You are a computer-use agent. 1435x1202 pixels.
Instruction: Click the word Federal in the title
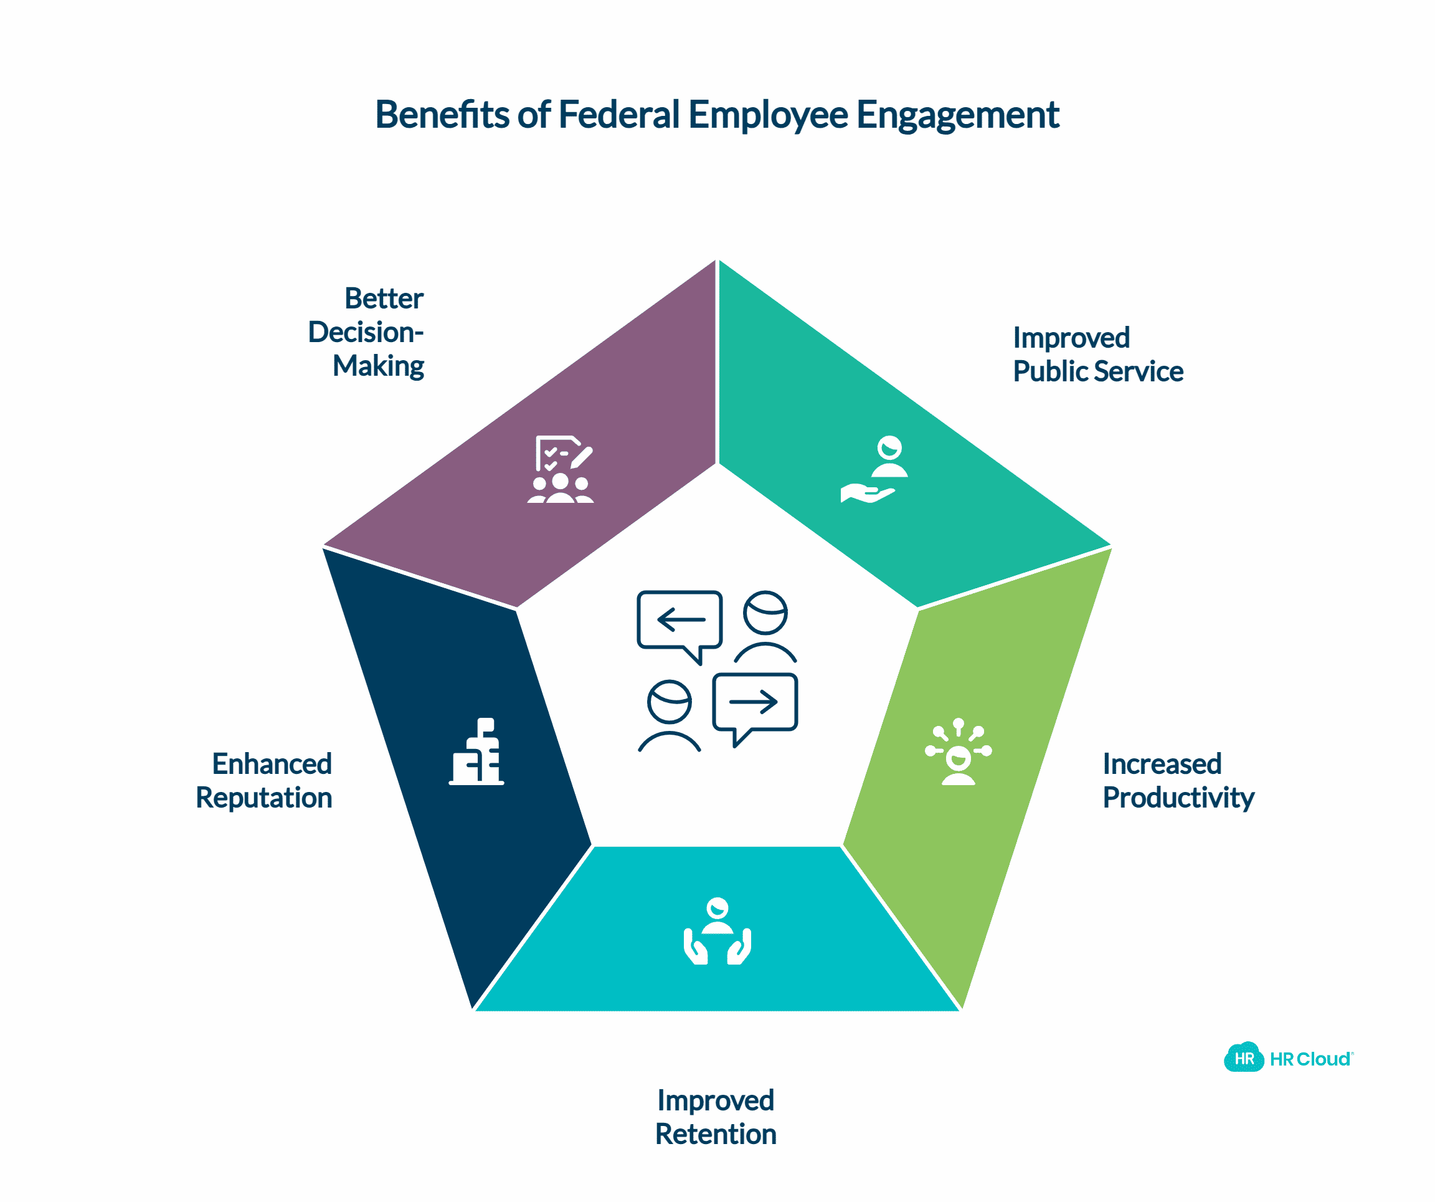pyautogui.click(x=618, y=114)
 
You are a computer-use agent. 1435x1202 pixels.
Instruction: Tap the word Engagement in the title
pyautogui.click(x=957, y=114)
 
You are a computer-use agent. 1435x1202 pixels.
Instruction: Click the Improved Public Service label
pyautogui.click(x=1097, y=354)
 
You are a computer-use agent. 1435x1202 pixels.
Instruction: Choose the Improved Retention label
pyautogui.click(x=716, y=1117)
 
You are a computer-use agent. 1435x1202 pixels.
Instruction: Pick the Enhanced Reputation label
pyautogui.click(x=265, y=781)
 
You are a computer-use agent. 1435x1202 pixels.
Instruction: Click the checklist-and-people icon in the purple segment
pyautogui.click(x=561, y=470)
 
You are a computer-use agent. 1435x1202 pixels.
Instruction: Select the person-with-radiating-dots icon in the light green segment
pyautogui.click(x=958, y=751)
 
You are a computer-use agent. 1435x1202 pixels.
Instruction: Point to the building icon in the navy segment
pyautogui.click(x=477, y=751)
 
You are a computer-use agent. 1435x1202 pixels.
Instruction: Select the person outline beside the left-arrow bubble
pyautogui.click(x=765, y=626)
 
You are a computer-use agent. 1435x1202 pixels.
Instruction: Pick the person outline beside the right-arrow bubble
pyautogui.click(x=669, y=715)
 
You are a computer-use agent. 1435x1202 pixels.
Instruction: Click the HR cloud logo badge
pyautogui.click(x=1244, y=1059)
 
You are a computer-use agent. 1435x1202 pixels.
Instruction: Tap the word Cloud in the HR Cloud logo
pyautogui.click(x=1323, y=1059)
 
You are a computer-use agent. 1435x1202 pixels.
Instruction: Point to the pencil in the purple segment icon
pyautogui.click(x=582, y=457)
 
